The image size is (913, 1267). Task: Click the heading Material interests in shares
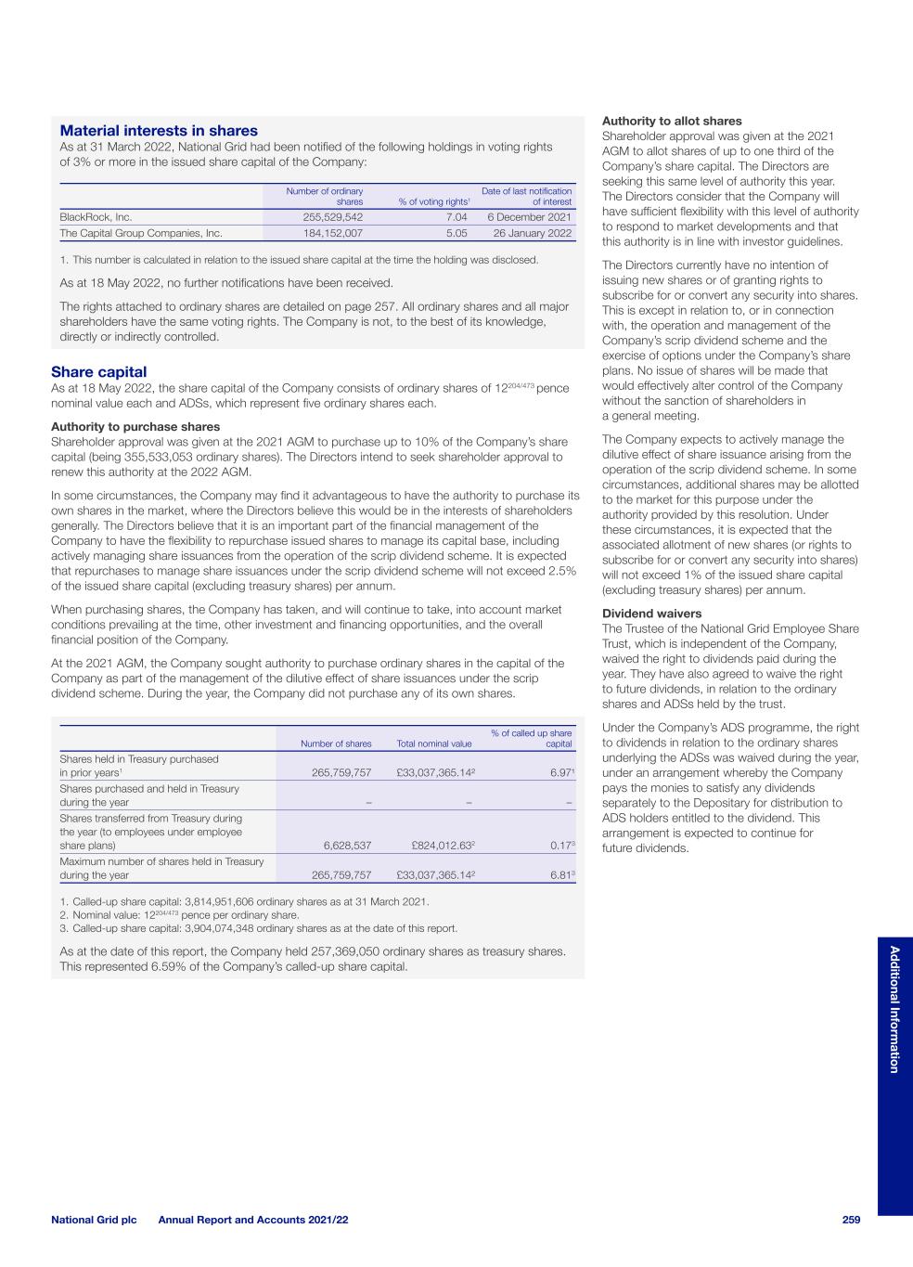click(159, 131)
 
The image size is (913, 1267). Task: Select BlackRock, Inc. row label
click(96, 217)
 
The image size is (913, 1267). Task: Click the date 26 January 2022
click(533, 233)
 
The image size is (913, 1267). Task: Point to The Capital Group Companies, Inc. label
click(141, 233)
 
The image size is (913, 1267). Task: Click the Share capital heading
click(98, 372)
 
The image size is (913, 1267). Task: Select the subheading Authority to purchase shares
click(135, 427)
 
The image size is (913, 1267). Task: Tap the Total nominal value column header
click(433, 743)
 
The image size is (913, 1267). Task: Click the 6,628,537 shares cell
click(347, 846)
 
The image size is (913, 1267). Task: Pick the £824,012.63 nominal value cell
click(441, 846)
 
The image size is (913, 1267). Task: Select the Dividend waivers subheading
click(651, 614)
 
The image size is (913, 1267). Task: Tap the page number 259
click(852, 1220)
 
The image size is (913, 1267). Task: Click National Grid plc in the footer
click(94, 1220)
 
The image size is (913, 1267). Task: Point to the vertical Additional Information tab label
click(894, 1009)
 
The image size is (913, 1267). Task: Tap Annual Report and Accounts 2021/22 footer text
click(253, 1220)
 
